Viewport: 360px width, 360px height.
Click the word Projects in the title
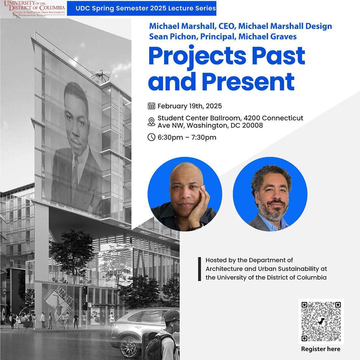click(x=200, y=56)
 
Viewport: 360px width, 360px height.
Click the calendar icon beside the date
click(x=151, y=106)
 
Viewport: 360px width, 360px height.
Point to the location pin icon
click(x=151, y=122)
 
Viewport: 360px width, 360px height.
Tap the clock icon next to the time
click(x=151, y=137)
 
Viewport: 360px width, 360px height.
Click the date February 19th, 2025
click(x=190, y=106)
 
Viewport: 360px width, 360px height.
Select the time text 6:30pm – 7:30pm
click(x=187, y=137)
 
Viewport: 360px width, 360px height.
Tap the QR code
click(x=321, y=321)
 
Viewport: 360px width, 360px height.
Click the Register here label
click(x=321, y=349)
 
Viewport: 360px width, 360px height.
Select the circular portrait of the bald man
click(x=185, y=194)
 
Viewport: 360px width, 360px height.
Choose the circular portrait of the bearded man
click(x=270, y=194)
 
